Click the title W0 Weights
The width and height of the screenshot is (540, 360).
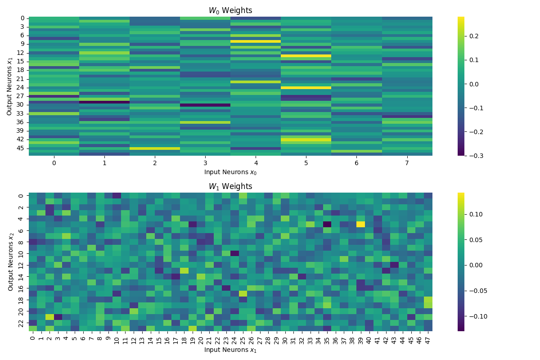(x=230, y=10)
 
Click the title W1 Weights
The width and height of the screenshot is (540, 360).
(x=230, y=186)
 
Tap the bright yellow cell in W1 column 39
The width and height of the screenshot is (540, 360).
(x=361, y=224)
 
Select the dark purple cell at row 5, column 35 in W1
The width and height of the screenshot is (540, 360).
(x=327, y=224)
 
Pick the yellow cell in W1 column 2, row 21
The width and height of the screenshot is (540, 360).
(x=49, y=316)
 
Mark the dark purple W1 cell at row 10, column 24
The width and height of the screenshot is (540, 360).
(x=234, y=253)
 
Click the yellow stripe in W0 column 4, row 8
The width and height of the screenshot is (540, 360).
(x=256, y=41)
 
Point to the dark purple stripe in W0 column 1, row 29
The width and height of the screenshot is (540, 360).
(x=104, y=102)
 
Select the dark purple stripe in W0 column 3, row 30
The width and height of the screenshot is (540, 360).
(x=205, y=105)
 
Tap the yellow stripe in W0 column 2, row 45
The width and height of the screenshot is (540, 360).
(x=155, y=148)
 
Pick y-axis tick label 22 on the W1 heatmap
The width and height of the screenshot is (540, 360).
(x=21, y=322)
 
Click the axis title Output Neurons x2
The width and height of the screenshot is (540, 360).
(x=11, y=262)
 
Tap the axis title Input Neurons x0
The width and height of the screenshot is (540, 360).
(x=230, y=172)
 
